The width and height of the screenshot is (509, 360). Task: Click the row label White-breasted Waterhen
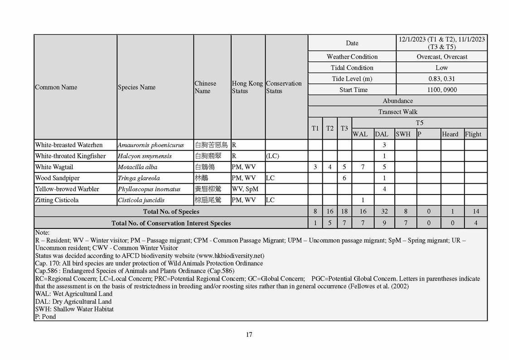click(69, 145)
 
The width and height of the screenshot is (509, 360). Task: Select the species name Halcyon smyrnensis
click(145, 156)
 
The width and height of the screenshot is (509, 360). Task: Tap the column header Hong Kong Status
click(247, 87)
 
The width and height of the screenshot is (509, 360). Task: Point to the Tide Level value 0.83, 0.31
click(441, 79)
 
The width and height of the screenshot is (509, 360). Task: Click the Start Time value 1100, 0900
click(441, 90)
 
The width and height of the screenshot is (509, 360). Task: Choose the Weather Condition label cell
click(352, 57)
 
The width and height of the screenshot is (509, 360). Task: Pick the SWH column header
click(403, 134)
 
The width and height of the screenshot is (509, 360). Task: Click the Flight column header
click(473, 134)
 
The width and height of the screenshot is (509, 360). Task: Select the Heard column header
click(450, 134)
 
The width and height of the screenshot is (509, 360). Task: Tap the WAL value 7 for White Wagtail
click(363, 167)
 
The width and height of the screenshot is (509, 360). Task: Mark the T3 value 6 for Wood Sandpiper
click(344, 178)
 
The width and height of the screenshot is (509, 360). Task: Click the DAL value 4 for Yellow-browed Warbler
click(384, 189)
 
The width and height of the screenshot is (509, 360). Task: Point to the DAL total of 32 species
click(384, 211)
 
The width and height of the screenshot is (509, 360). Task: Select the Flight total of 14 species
click(475, 211)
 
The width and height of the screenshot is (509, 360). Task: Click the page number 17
click(249, 335)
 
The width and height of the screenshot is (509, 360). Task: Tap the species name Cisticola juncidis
click(141, 200)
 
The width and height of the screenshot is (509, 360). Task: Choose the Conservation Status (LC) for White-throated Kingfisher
click(272, 156)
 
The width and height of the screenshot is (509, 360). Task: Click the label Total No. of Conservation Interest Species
click(171, 223)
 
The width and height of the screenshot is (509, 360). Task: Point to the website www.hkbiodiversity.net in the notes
click(229, 256)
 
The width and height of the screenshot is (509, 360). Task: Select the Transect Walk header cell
click(398, 112)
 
